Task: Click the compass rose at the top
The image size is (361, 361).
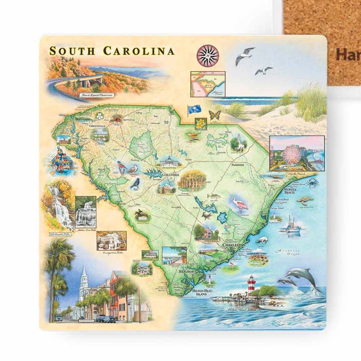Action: pos(208,56)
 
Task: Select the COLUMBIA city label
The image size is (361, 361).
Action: pos(170,174)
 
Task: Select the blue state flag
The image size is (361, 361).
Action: pos(194,109)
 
